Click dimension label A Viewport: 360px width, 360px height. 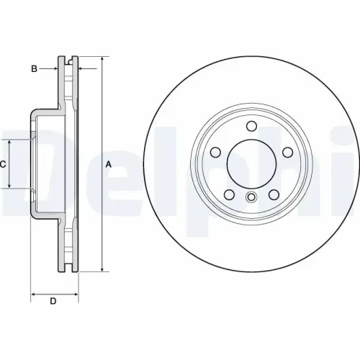[x=109, y=164]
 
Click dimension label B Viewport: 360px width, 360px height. [x=33, y=68]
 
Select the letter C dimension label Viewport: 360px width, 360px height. [x=3, y=164]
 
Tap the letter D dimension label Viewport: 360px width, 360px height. [x=53, y=301]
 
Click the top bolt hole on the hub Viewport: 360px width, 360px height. [x=251, y=127]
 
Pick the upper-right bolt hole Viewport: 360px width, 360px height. [x=287, y=153]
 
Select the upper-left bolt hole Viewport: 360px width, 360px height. [x=215, y=153]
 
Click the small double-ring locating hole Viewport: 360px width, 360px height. [x=251, y=198]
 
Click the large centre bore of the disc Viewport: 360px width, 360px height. [x=251, y=164]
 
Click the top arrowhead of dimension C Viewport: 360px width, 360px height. [x=9, y=142]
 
